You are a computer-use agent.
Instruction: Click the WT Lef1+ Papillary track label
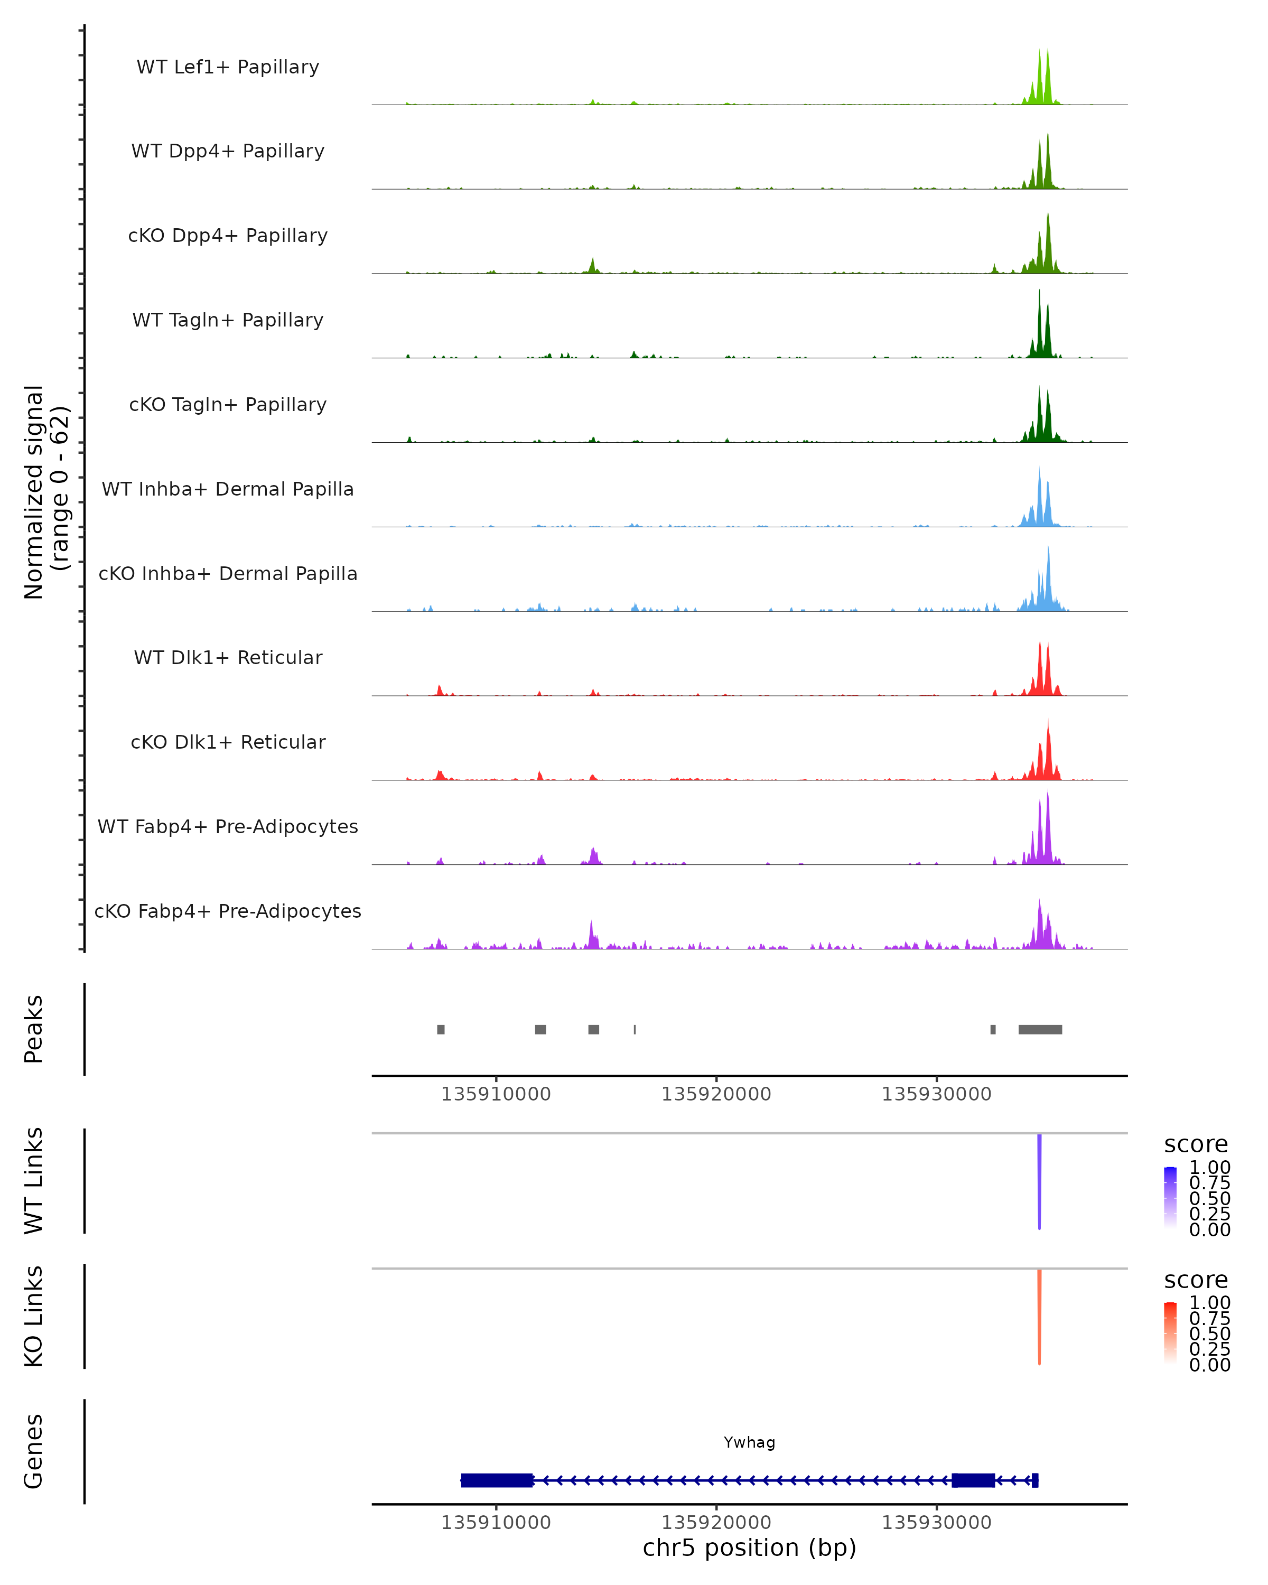(228, 67)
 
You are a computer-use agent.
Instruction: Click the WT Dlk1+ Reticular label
(228, 657)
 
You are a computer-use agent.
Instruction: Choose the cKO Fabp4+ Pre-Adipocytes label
(228, 911)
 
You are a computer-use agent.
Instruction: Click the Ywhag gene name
(749, 1442)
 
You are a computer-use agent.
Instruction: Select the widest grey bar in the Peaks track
(1040, 1029)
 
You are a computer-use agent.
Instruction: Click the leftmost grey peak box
(441, 1029)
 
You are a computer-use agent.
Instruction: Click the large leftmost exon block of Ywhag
(497, 1480)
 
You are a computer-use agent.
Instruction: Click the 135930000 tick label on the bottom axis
(937, 1523)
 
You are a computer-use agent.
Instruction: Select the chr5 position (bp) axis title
(749, 1548)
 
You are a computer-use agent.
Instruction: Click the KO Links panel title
(34, 1316)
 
